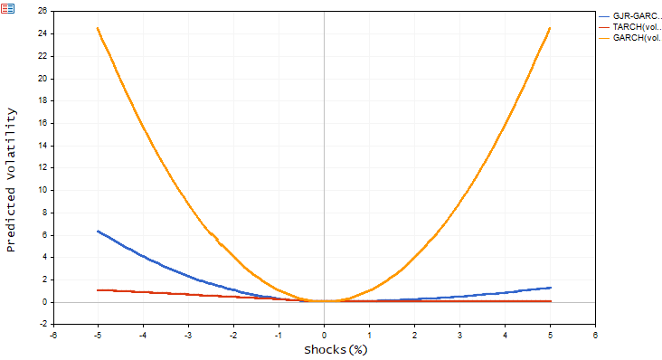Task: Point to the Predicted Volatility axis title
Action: pyautogui.click(x=11, y=179)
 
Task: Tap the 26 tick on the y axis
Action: pyautogui.click(x=42, y=11)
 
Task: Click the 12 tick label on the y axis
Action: pyautogui.click(x=42, y=167)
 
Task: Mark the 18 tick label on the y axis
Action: pyautogui.click(x=42, y=100)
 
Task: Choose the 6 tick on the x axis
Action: pyautogui.click(x=595, y=335)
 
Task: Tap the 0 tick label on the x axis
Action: pyautogui.click(x=324, y=335)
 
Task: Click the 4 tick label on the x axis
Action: pyautogui.click(x=505, y=335)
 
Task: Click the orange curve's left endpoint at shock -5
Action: pyautogui.click(x=98, y=28)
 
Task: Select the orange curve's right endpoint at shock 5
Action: pyautogui.click(x=550, y=28)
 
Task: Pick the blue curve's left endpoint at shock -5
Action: pyautogui.click(x=98, y=231)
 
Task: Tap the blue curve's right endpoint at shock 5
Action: pyautogui.click(x=550, y=288)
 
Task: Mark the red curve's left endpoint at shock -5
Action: pyautogui.click(x=98, y=290)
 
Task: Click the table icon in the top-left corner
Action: pyautogui.click(x=7, y=7)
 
